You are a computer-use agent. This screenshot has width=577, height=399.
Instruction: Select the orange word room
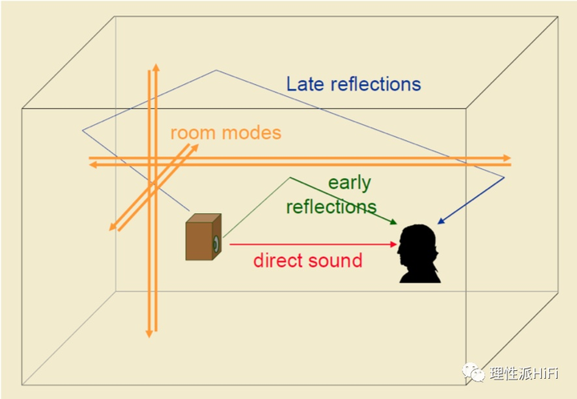[x=193, y=132]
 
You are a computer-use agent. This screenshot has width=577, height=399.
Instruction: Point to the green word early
[x=349, y=183]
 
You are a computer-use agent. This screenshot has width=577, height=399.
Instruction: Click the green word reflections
[x=331, y=207]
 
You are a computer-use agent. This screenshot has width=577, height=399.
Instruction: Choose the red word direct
[x=280, y=260]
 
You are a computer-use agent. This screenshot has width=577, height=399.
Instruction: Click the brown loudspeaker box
[x=203, y=238]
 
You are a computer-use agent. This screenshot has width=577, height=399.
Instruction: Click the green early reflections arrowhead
[x=394, y=223]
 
